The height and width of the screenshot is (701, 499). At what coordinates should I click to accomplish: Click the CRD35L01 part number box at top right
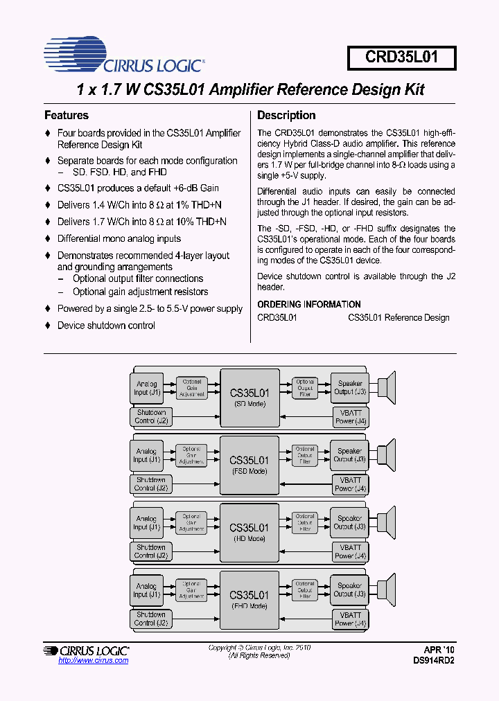[402, 57]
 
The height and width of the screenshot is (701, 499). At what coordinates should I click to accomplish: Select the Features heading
[67, 115]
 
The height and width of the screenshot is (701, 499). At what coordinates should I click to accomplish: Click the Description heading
[286, 115]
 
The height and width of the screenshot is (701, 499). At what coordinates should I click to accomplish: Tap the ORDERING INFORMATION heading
[309, 304]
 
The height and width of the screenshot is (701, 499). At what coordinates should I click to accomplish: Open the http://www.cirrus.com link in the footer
[94, 661]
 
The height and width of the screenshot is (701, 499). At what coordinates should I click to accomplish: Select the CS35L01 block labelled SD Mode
[249, 398]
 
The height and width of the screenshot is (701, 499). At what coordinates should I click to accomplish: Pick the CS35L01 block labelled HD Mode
[249, 533]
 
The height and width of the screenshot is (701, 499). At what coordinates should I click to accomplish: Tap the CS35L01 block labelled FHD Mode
[249, 600]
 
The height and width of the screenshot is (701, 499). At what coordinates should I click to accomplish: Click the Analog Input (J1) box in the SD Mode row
[147, 388]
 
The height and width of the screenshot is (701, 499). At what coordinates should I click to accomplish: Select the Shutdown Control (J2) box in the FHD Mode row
[151, 619]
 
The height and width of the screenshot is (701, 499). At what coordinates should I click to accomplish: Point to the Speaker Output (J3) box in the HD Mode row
[349, 522]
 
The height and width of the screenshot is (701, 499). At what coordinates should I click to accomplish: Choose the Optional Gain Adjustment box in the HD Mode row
[191, 523]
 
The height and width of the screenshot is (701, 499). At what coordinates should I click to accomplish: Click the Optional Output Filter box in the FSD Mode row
[305, 455]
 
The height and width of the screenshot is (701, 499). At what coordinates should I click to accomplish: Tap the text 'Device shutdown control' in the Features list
[106, 326]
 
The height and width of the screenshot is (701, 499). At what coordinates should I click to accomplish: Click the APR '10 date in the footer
[439, 650]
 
